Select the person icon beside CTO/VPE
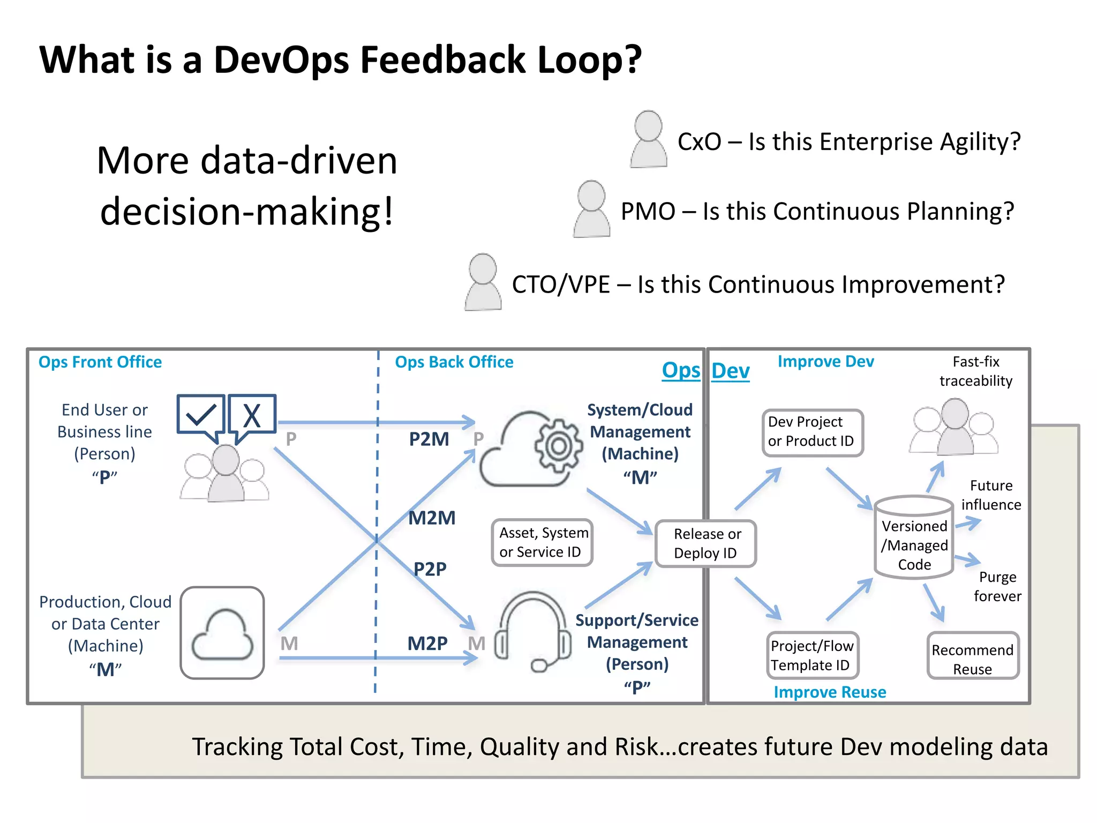483,282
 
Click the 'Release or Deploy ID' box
706,543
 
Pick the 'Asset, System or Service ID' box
542,542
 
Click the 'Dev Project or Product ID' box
812,432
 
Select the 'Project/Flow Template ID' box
812,655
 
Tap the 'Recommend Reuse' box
972,659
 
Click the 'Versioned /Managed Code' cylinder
914,537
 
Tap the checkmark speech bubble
200,416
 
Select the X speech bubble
252,416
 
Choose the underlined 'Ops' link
681,370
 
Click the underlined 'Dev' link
730,371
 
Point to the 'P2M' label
429,439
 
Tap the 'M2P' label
427,643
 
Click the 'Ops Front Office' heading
100,362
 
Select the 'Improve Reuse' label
830,692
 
